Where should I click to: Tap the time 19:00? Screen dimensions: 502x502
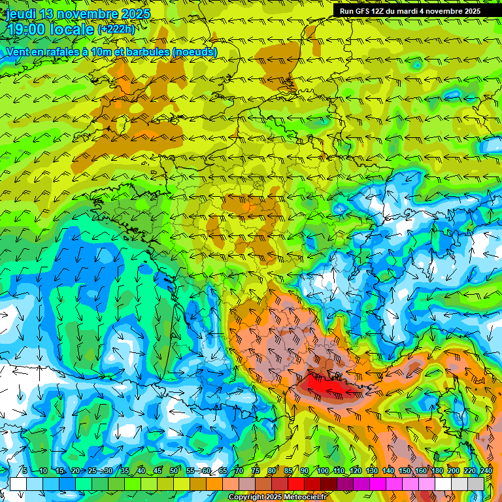pos(27,29)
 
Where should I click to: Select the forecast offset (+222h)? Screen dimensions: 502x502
pos(116,29)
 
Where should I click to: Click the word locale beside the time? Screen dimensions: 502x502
pos(73,29)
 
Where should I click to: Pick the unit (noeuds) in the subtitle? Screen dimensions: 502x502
pos(194,52)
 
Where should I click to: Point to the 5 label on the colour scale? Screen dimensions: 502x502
pos(25,471)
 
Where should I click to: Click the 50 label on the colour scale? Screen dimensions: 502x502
pos(174,471)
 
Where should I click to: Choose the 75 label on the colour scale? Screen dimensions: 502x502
pos(256,471)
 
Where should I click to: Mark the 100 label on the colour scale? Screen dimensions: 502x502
pos(323,471)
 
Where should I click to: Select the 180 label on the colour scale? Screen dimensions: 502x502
pos(437,471)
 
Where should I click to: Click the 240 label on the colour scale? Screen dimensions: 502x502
pos(486,471)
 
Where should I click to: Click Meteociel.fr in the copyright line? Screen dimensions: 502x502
pos(296,497)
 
